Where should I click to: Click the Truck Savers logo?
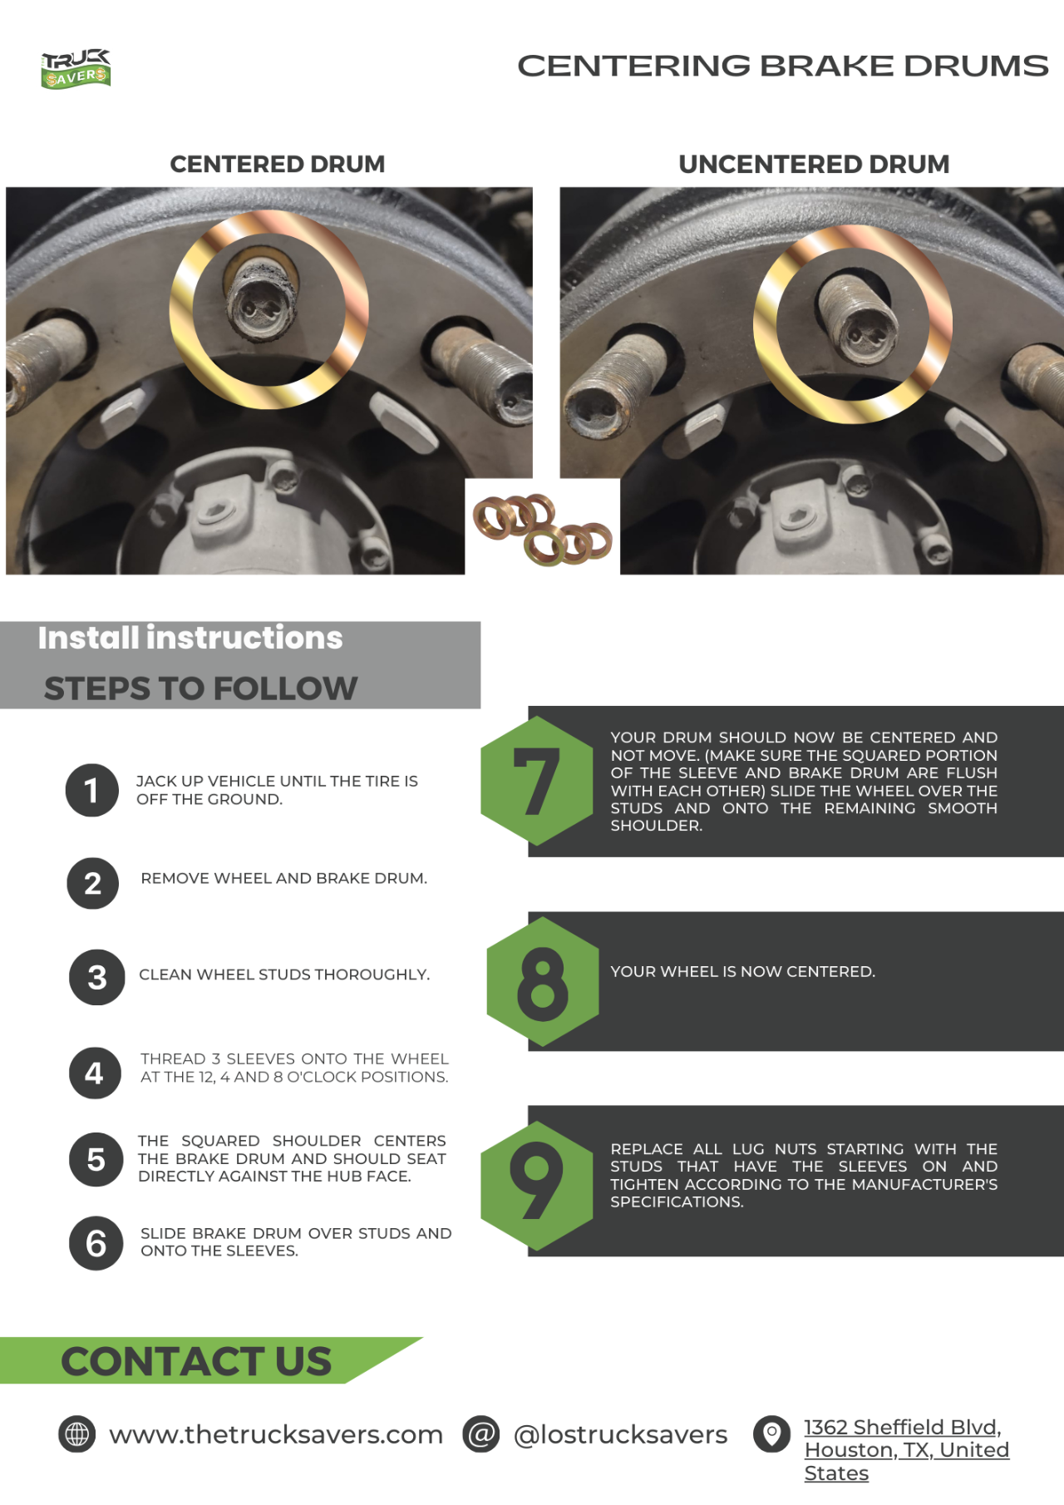[x=76, y=69]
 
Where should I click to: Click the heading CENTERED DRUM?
[x=278, y=165]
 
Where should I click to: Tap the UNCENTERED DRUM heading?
[x=814, y=165]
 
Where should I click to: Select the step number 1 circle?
[x=92, y=790]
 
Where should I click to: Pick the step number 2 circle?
[x=93, y=883]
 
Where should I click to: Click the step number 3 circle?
[x=97, y=977]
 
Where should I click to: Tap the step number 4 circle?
[x=95, y=1073]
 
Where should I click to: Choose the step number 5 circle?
[x=96, y=1159]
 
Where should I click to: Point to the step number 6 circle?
[x=96, y=1243]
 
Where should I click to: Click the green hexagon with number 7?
[x=537, y=781]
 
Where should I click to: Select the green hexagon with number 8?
[x=543, y=981]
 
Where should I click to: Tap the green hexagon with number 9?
[x=537, y=1186]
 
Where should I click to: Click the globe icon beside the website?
[x=77, y=1434]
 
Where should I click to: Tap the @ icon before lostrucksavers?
[x=481, y=1434]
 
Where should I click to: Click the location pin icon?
[x=772, y=1434]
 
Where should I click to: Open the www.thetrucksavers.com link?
[x=276, y=1435]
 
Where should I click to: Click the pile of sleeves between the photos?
[x=543, y=529]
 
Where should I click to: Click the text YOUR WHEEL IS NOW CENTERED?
[x=743, y=971]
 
